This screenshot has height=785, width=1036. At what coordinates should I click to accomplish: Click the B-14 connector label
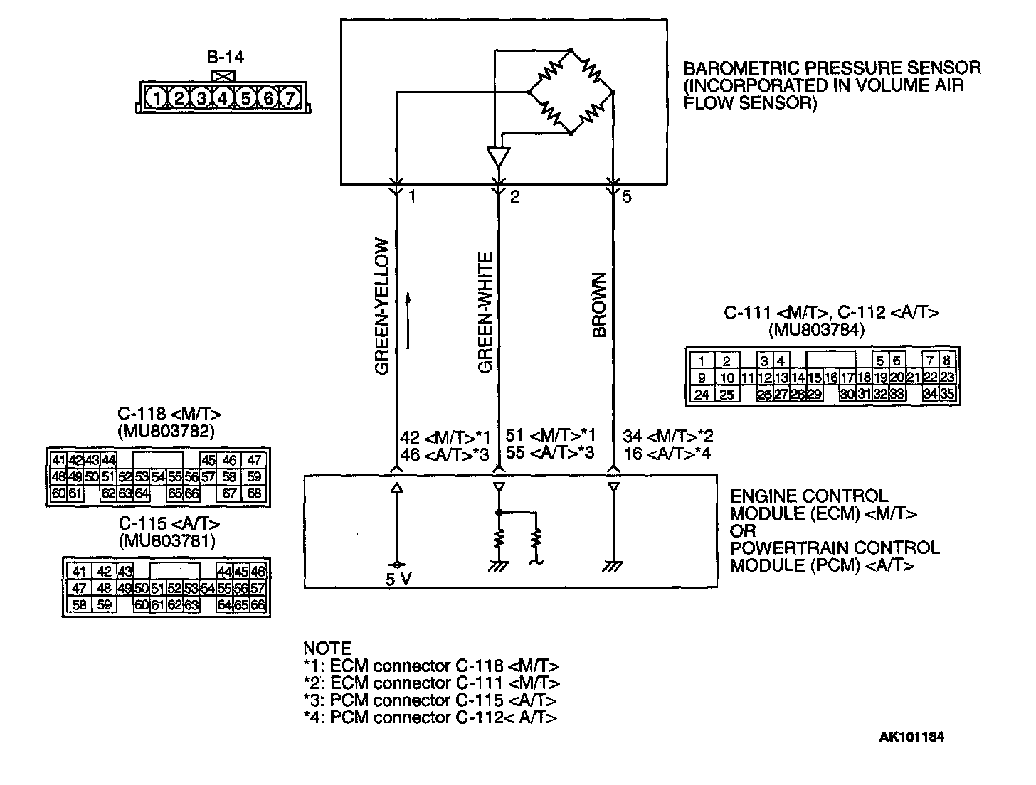pyautogui.click(x=226, y=58)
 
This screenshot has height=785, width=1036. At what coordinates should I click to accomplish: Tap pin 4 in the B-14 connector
pyautogui.click(x=223, y=97)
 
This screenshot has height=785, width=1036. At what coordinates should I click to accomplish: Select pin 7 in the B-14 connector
pyautogui.click(x=290, y=97)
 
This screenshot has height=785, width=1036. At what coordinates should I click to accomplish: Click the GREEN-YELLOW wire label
pyautogui.click(x=383, y=306)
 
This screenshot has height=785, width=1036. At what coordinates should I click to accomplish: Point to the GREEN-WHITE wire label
pyautogui.click(x=486, y=312)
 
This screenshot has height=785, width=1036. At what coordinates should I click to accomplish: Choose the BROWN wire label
pyautogui.click(x=599, y=305)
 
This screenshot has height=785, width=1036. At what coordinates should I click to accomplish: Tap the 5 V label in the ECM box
pyautogui.click(x=398, y=579)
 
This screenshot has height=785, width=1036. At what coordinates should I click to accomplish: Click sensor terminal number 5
pyautogui.click(x=627, y=197)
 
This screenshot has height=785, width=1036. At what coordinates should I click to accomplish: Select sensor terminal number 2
pyautogui.click(x=514, y=197)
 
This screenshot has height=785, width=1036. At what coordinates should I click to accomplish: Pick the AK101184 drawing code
pyautogui.click(x=911, y=737)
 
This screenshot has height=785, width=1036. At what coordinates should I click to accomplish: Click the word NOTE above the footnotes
pyautogui.click(x=327, y=648)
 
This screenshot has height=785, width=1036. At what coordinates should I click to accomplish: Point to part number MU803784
pyautogui.click(x=817, y=329)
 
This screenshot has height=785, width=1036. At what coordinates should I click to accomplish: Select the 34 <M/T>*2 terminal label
pyautogui.click(x=667, y=436)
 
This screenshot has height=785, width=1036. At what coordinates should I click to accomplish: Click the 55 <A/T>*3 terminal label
pyautogui.click(x=549, y=453)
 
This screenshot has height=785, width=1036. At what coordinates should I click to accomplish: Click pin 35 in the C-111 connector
pyautogui.click(x=947, y=393)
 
